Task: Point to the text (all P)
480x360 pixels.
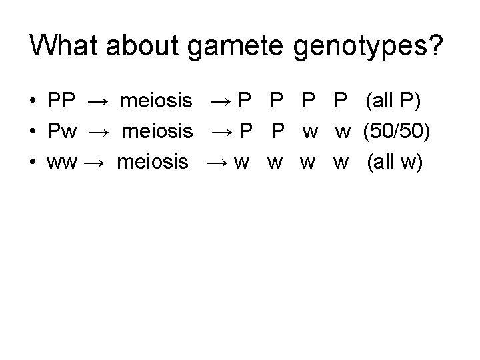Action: click(393, 101)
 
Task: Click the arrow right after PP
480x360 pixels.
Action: click(97, 102)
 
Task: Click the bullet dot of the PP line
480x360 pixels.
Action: click(33, 102)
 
